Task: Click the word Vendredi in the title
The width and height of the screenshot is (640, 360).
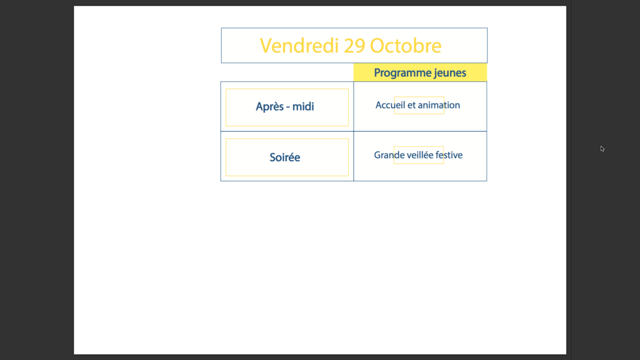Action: click(299, 46)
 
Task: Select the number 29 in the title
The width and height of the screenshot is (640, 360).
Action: click(355, 46)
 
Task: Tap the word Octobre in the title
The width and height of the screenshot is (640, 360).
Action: click(406, 46)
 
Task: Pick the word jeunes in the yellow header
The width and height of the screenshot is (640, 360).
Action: click(450, 73)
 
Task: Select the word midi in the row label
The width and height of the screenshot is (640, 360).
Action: click(303, 106)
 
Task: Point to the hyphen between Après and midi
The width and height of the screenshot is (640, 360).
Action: click(288, 107)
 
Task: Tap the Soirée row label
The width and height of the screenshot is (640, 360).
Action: click(285, 157)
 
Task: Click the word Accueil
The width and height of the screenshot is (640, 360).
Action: click(390, 105)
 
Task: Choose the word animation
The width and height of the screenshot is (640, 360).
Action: click(439, 105)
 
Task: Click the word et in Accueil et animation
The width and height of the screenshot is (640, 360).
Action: click(411, 105)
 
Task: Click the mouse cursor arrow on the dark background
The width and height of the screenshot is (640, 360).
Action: click(602, 149)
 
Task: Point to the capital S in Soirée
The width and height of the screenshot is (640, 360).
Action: click(273, 157)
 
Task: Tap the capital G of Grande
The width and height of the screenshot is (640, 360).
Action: click(378, 155)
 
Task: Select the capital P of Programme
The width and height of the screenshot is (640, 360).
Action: click(377, 73)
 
